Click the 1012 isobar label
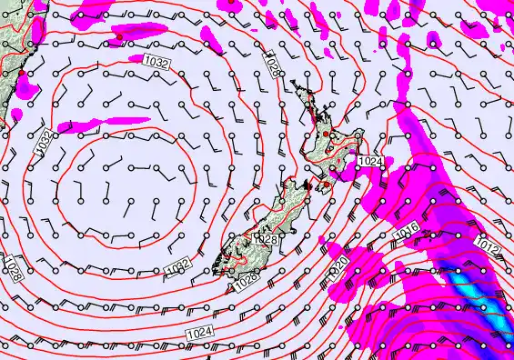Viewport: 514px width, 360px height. pyautogui.click(x=488, y=246)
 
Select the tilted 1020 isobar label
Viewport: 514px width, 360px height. pyautogui.click(x=340, y=266)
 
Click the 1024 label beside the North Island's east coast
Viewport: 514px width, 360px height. pyautogui.click(x=370, y=161)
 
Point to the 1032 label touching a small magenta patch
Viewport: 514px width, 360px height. pyautogui.click(x=156, y=61)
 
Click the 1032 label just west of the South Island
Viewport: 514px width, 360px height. pyautogui.click(x=179, y=265)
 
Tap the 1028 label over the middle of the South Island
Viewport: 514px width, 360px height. pyautogui.click(x=266, y=239)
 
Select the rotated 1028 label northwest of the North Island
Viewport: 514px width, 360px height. pyautogui.click(x=273, y=65)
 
